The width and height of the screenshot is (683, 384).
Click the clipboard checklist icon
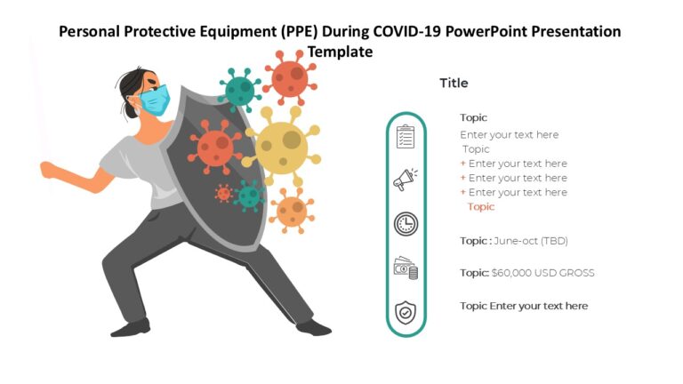[x=406, y=137]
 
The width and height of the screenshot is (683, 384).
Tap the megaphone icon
[x=406, y=180]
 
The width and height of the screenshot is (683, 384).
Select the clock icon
[x=406, y=224]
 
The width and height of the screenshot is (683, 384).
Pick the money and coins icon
[x=406, y=268]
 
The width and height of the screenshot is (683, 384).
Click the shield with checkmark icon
[x=406, y=313]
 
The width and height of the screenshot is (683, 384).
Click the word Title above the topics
[x=454, y=83]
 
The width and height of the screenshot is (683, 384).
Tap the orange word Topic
[x=481, y=207]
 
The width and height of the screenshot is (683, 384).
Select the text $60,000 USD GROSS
[x=542, y=273]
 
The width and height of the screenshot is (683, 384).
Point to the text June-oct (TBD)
[x=530, y=241]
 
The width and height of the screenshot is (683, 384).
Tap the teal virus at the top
[x=238, y=90]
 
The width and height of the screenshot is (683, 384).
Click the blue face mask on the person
[x=156, y=100]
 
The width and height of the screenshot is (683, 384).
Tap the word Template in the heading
[x=341, y=52]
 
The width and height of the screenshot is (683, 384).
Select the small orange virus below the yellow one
[x=291, y=210]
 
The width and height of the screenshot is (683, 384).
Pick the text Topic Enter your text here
[x=523, y=306]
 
